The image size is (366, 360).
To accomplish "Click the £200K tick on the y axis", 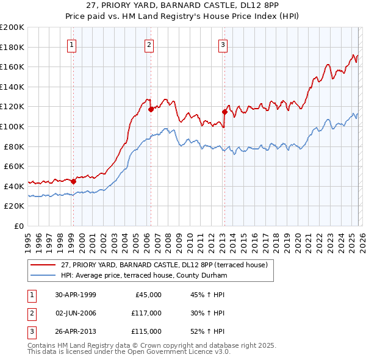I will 12,27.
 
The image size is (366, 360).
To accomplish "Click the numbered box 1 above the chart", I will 72,44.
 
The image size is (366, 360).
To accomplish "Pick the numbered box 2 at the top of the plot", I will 149,44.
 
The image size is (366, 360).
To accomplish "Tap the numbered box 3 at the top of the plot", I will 223,44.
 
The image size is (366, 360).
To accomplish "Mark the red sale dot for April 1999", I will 74,181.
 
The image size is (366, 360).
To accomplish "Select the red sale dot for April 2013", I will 224,112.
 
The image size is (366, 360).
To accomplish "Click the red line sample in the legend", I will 44,265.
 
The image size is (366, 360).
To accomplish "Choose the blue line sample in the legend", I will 44,275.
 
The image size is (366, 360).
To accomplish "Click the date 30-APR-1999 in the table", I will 76,295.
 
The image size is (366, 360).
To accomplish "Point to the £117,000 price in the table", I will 147,313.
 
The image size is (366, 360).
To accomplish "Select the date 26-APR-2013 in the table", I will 76,331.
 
